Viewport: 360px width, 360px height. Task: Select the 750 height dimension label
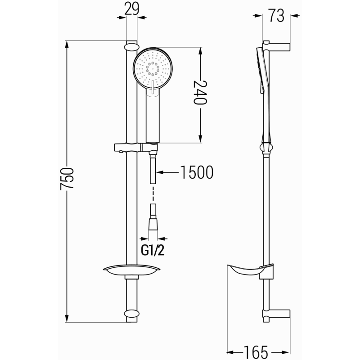(67, 180)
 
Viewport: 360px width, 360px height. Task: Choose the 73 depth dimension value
(277, 16)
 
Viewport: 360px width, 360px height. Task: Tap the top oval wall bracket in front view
(131, 46)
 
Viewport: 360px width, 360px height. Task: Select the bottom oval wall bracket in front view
(131, 314)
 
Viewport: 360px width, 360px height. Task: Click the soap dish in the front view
(131, 270)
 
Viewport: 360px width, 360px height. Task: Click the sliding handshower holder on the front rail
(135, 147)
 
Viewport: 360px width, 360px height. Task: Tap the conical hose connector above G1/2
(154, 223)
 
